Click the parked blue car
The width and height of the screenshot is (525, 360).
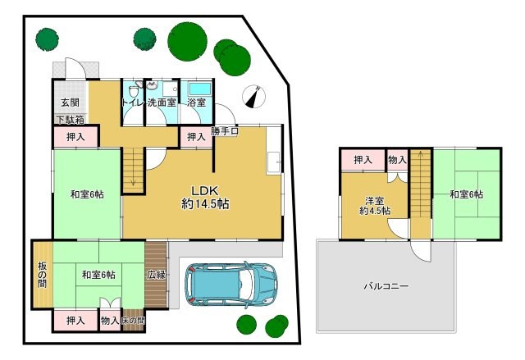(231, 285)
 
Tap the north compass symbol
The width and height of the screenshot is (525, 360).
(253, 97)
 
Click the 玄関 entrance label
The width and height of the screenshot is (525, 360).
(71, 103)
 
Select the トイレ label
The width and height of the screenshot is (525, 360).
(133, 103)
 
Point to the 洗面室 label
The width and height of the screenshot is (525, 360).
(162, 103)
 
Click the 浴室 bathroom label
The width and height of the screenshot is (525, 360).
(196, 103)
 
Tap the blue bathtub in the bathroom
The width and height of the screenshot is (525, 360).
(200, 89)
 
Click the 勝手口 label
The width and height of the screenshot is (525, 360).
(225, 131)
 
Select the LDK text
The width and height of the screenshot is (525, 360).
(204, 191)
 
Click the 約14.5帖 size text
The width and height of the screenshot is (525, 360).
(205, 203)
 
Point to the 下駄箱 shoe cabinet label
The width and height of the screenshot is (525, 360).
(71, 120)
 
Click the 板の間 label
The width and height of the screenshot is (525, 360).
(42, 276)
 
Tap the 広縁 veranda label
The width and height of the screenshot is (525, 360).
(156, 275)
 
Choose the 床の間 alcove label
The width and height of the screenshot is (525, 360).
(133, 321)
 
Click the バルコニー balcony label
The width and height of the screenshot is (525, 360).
(386, 286)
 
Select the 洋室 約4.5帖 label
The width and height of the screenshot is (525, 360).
(375, 206)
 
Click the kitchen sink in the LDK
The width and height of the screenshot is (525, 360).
(273, 162)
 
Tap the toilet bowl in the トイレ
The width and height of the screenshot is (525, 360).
(134, 90)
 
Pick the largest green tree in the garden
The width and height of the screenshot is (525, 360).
(187, 42)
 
